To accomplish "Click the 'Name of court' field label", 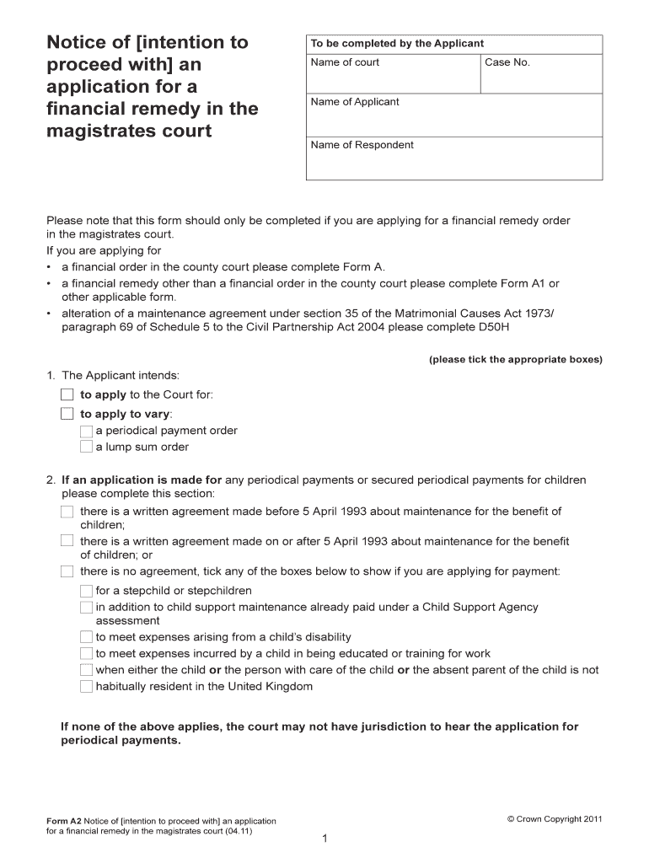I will pyautogui.click(x=345, y=62).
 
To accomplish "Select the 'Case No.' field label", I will pyautogui.click(x=507, y=62).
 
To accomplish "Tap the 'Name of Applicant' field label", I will pyautogui.click(x=355, y=102).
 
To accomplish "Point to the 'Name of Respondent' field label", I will pyautogui.click(x=362, y=145).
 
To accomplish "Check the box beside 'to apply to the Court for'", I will pyautogui.click(x=67, y=394).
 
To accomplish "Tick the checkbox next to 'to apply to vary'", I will pyautogui.click(x=67, y=414).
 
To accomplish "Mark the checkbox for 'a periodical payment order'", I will pyautogui.click(x=86, y=431).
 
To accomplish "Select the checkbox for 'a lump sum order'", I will pyautogui.click(x=86, y=447).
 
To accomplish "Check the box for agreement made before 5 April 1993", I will pyautogui.click(x=67, y=512).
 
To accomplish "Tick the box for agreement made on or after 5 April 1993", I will pyautogui.click(x=67, y=541).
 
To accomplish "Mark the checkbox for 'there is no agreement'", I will pyautogui.click(x=67, y=571).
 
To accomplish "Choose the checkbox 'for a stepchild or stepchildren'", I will pyautogui.click(x=86, y=591).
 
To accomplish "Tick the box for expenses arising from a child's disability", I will pyautogui.click(x=86, y=637).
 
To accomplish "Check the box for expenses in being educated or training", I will pyautogui.click(x=86, y=653).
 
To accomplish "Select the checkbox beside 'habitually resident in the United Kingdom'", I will pyautogui.click(x=86, y=686).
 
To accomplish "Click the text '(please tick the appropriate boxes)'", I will pyautogui.click(x=515, y=359).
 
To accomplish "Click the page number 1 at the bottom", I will pyautogui.click(x=324, y=839).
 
